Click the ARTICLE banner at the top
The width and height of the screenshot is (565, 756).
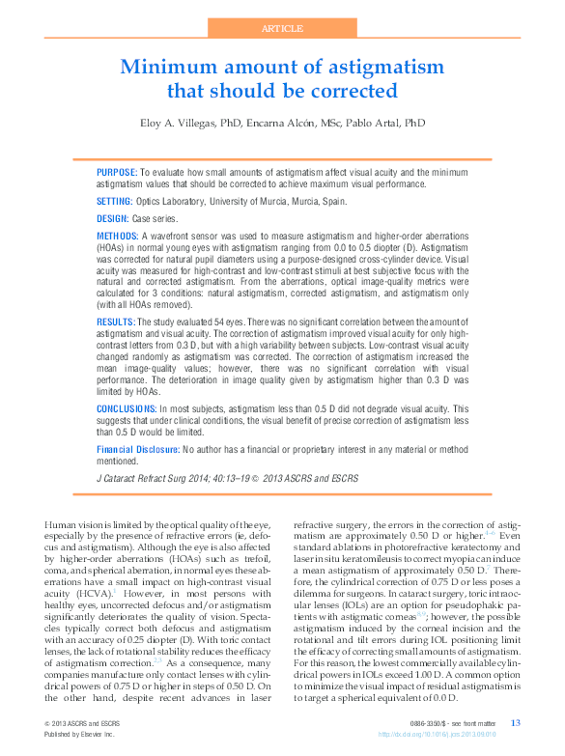coord(282,29)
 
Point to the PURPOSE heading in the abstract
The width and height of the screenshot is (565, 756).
coord(117,171)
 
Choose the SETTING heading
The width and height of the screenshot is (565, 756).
coord(114,201)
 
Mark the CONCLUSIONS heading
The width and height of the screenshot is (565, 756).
coord(126,409)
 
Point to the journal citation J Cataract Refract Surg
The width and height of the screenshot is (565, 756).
coord(153,478)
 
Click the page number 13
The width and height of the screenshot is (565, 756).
coord(515,723)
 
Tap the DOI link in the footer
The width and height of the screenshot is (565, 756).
coord(467,734)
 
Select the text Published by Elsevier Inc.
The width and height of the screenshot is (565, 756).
coord(79,734)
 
